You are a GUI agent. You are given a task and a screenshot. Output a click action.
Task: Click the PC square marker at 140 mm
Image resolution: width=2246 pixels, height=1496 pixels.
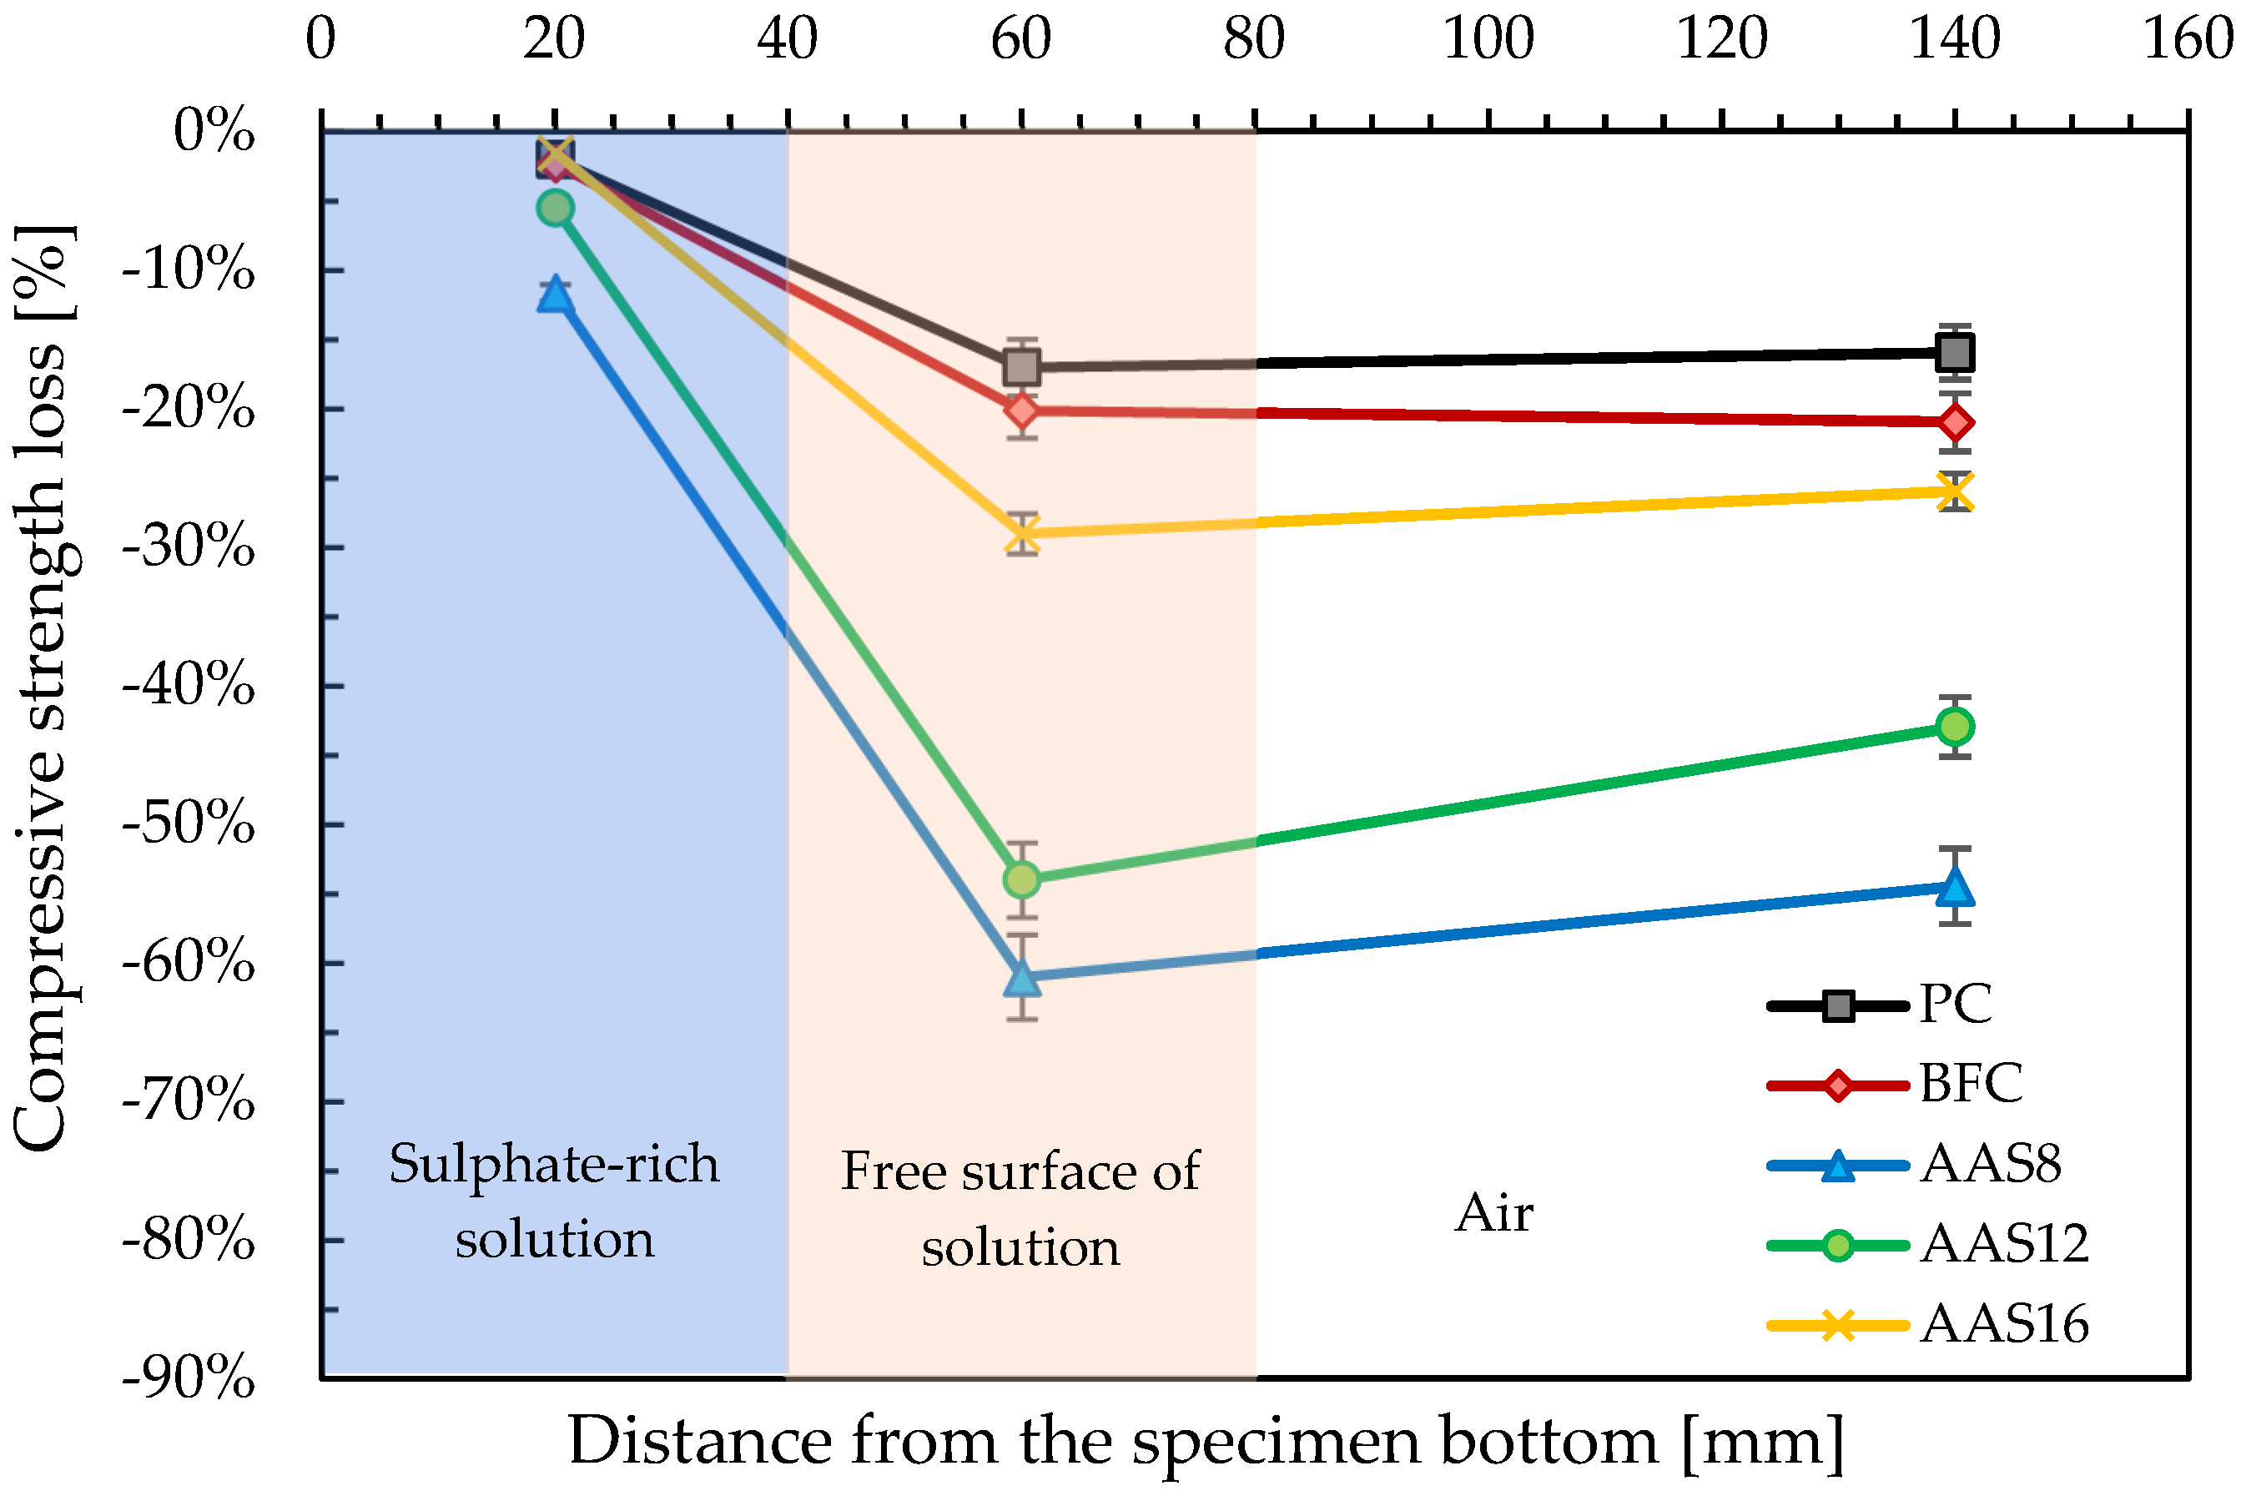1954,353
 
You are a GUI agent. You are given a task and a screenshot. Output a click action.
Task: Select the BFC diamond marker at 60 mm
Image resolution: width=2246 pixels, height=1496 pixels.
1021,411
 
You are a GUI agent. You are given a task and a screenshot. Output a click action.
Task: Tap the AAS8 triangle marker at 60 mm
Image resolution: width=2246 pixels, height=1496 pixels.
1021,977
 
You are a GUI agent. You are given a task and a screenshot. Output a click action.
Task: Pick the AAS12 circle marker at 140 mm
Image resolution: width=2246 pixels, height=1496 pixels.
1954,727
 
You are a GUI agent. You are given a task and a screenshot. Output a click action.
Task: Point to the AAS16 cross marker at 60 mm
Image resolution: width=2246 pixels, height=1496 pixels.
1021,534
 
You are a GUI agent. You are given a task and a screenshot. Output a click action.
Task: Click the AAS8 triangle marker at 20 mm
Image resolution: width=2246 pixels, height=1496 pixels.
554,295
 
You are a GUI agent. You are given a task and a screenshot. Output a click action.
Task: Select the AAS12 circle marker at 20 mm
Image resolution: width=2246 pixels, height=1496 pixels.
554,208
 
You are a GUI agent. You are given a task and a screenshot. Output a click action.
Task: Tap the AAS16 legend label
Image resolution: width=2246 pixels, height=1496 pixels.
2004,1325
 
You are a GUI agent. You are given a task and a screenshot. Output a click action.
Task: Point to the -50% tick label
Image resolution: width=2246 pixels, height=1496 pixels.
188,824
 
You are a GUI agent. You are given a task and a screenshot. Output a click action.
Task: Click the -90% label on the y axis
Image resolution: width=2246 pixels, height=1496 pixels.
188,1378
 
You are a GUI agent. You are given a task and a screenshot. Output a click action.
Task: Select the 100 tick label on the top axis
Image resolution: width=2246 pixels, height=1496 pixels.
1487,40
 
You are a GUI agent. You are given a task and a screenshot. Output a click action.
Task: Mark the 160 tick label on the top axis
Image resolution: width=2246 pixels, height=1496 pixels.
2187,40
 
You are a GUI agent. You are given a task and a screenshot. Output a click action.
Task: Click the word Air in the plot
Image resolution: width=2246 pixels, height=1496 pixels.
1493,1214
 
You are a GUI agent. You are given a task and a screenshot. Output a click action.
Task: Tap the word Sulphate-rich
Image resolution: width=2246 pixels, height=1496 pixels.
554,1164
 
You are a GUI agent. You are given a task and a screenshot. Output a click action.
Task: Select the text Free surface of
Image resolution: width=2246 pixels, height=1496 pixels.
1019,1171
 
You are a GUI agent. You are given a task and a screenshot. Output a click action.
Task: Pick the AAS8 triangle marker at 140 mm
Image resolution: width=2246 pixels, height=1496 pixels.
1954,887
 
